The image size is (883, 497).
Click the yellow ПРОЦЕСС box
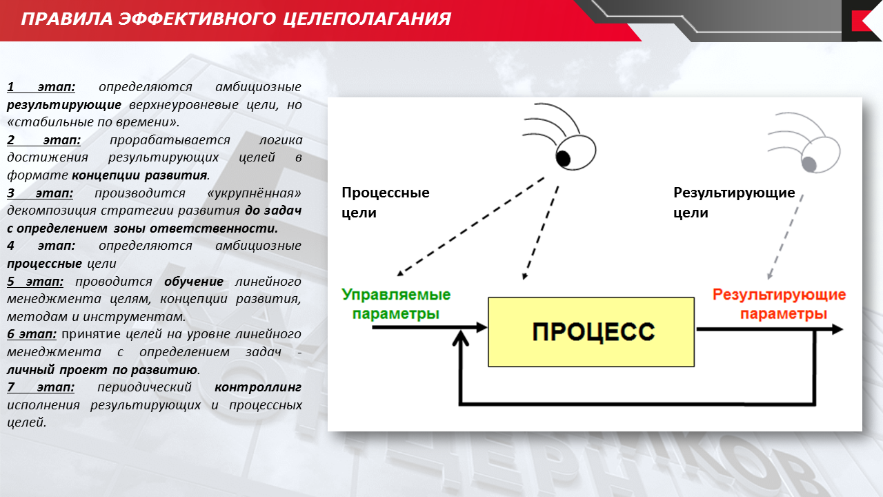point(591,332)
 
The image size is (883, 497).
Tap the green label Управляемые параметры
point(396,304)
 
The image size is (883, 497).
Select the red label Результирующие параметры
point(780,304)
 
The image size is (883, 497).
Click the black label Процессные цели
point(385,202)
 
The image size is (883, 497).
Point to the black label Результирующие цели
point(734,202)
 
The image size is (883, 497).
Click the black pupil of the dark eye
point(563,159)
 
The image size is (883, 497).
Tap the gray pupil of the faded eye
point(809,164)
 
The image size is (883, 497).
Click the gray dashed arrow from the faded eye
point(785,237)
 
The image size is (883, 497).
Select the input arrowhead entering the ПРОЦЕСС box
point(482,327)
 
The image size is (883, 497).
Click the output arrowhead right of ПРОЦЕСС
point(837,329)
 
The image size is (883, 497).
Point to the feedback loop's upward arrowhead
point(460,338)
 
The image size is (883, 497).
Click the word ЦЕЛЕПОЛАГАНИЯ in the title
point(367,19)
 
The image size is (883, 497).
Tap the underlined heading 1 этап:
point(41,87)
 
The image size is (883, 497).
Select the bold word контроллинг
point(258,387)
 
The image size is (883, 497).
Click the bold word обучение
point(194,282)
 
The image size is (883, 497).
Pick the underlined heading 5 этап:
point(35,282)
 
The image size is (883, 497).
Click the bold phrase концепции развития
point(139,175)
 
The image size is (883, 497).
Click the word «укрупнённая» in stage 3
point(254,193)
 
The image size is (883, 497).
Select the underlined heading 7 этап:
point(41,387)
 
